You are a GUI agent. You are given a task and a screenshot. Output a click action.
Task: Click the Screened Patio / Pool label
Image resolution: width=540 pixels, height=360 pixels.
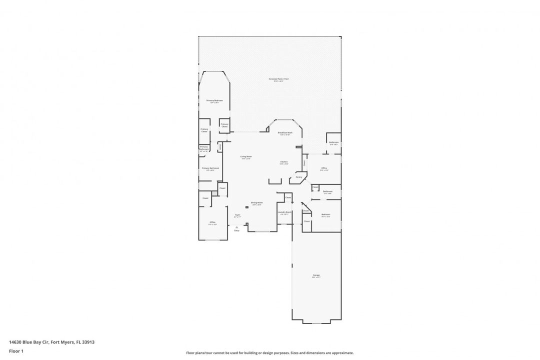coord(278,79)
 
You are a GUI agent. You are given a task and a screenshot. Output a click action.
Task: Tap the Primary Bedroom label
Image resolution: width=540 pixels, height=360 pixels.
coord(214,101)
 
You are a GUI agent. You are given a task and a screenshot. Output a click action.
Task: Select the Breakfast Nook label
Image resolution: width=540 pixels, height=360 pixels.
coord(285,133)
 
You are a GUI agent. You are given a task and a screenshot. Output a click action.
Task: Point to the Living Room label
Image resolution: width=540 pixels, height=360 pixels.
coord(245,157)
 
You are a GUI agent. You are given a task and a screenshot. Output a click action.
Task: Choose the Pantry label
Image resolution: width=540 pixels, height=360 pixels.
coord(298,176)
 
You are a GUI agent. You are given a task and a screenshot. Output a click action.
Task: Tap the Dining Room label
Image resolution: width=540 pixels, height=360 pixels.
coord(257,203)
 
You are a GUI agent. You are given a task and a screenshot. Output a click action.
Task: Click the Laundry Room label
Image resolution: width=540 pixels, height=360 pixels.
coord(284,212)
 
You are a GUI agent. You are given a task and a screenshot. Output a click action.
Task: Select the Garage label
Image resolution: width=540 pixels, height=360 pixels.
coord(316,276)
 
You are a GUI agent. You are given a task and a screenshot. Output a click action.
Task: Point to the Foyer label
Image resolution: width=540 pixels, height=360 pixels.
coord(237,215)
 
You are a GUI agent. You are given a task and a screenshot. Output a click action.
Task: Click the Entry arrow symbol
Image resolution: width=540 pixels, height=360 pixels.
coord(237,226)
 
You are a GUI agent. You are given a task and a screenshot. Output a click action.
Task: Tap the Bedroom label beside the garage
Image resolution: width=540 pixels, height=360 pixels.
coord(325,215)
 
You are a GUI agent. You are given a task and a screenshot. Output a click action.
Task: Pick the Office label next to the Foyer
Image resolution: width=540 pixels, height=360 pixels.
coord(212,222)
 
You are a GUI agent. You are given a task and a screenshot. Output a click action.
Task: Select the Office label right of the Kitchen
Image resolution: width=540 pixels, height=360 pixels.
coord(323,168)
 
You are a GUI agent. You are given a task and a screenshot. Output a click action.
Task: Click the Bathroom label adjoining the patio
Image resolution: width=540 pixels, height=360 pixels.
coord(333,143)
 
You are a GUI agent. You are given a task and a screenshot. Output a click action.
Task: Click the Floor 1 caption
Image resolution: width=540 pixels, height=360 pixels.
coord(16,351)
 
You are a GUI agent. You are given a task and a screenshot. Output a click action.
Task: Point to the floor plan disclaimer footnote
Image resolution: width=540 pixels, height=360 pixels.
coord(269,352)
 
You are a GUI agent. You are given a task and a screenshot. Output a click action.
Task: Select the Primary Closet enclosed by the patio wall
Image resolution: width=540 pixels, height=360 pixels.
coord(224,125)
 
